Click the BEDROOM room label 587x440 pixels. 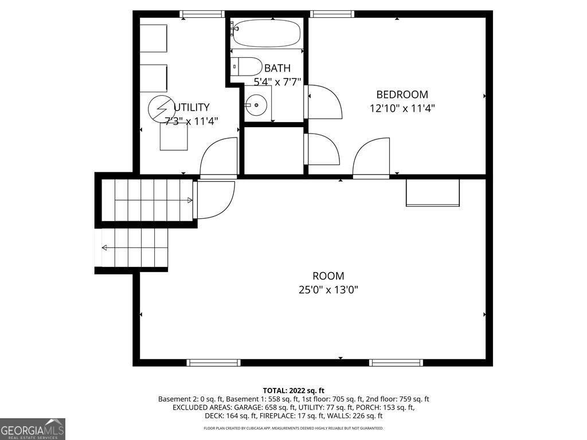[402, 95]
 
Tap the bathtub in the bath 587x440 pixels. [267, 33]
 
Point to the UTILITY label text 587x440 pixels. [191, 107]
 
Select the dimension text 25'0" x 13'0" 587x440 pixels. [328, 290]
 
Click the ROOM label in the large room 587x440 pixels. [328, 276]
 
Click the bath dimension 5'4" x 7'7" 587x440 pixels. [277, 82]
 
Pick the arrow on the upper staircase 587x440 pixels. [190, 200]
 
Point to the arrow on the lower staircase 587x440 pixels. [105, 248]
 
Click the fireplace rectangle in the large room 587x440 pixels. [433, 192]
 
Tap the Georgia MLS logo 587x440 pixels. [33, 429]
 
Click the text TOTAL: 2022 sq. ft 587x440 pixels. [293, 390]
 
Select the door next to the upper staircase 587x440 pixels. [215, 200]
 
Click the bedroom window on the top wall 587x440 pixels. [332, 14]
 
